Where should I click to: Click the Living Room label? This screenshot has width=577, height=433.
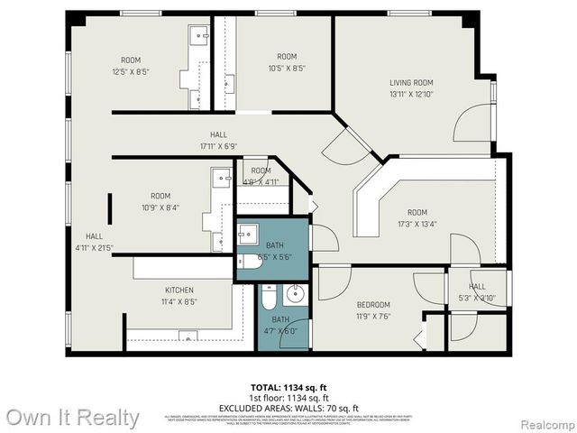coord(411,83)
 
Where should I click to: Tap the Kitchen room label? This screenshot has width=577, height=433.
coord(179,290)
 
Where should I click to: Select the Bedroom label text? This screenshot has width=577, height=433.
coord(372,305)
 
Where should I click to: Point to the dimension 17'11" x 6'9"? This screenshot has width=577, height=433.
coord(218,145)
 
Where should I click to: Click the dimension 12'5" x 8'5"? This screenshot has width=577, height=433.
coord(131,71)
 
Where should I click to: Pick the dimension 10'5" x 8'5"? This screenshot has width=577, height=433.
coord(287,67)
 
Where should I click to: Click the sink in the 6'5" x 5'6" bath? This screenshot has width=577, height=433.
coord(250,236)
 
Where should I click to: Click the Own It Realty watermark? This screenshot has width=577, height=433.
coord(72,418)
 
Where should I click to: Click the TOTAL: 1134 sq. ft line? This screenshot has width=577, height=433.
coord(288,387)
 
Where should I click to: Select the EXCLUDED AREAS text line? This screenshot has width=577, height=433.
coord(288,408)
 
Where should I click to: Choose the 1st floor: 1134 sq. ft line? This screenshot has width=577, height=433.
coord(288,398)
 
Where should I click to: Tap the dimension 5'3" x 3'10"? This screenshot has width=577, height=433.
coord(477,298)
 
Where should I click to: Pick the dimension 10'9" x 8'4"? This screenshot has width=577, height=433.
coord(160,207)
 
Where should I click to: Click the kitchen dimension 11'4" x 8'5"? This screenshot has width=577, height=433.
coord(179,301)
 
